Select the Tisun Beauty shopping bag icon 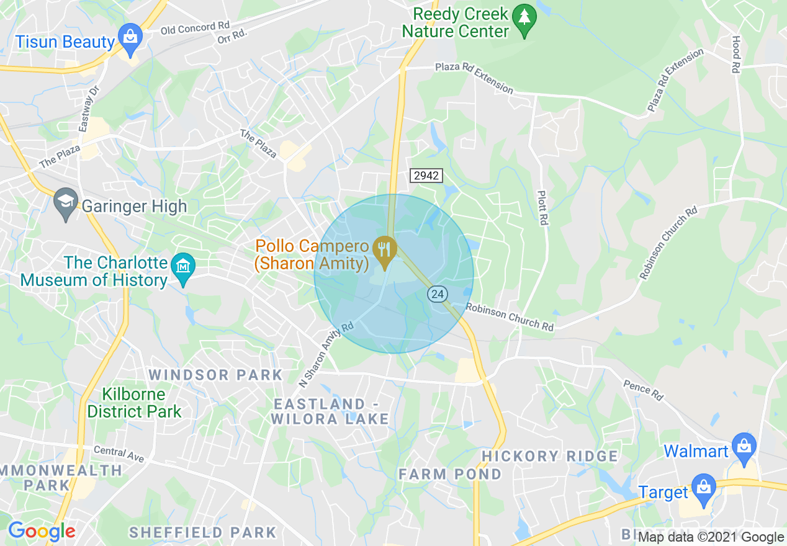click(x=130, y=38)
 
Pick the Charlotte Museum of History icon click(x=183, y=268)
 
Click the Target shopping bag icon click(x=703, y=488)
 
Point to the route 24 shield click(x=438, y=295)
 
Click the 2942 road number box click(x=426, y=176)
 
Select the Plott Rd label click(x=542, y=208)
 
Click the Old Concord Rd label click(x=195, y=27)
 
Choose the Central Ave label click(x=119, y=454)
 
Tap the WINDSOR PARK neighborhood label click(x=216, y=375)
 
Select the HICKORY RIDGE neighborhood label click(x=550, y=456)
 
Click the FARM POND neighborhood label click(x=450, y=474)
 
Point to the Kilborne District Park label click(x=134, y=403)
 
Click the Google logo click(x=42, y=532)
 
